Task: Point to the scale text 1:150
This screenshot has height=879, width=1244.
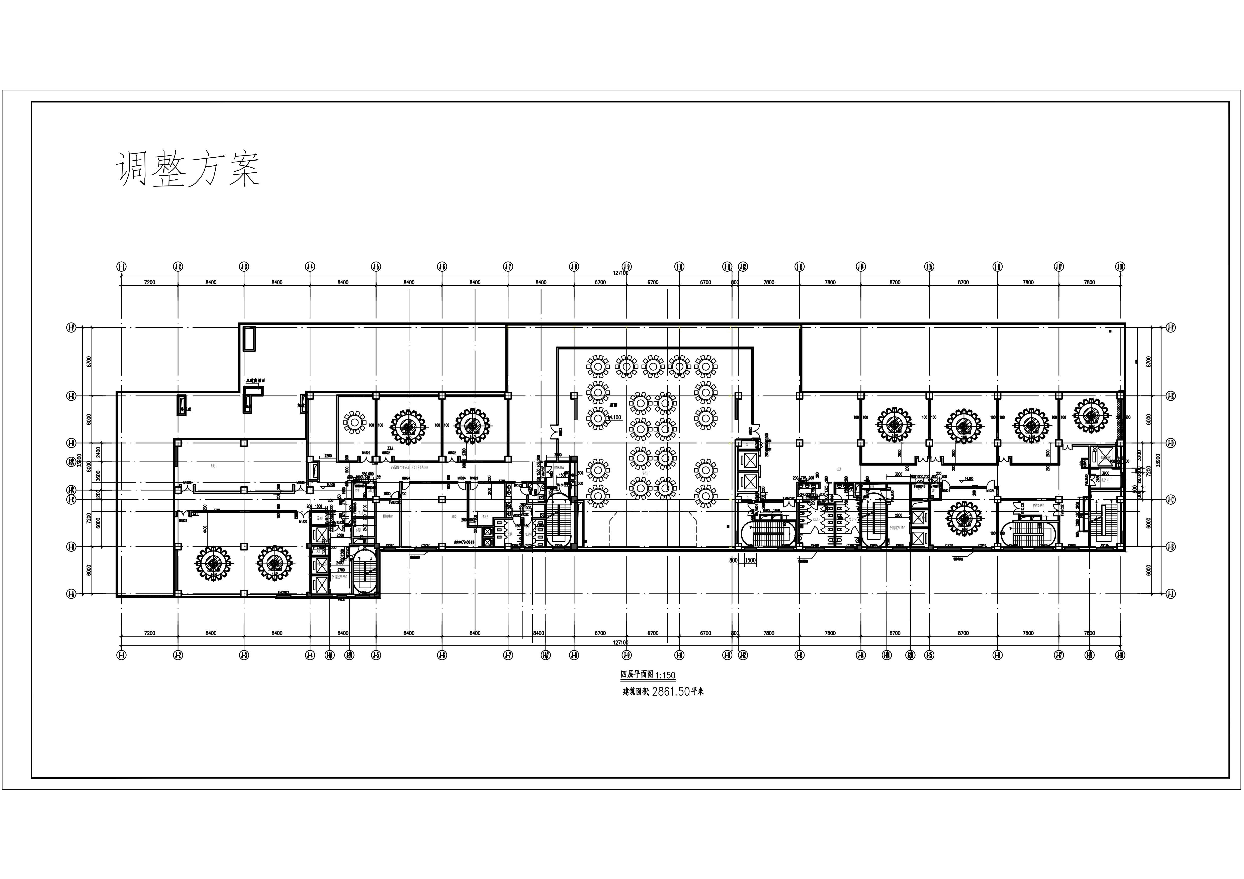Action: coord(665,675)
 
